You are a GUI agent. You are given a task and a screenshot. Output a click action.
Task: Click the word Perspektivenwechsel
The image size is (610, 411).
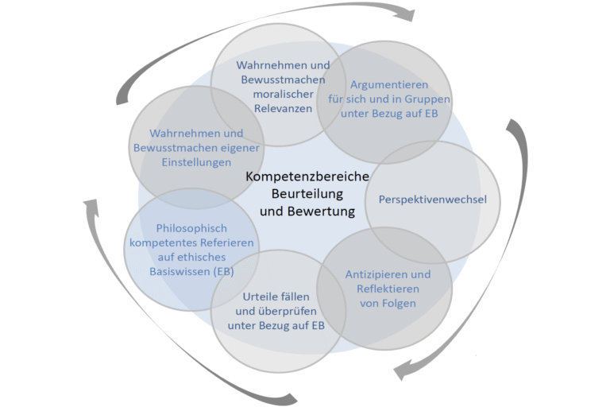[x=432, y=200]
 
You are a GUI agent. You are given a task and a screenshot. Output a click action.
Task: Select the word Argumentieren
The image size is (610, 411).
[x=389, y=84]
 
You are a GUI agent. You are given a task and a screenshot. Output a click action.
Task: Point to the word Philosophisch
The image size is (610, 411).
[x=191, y=227]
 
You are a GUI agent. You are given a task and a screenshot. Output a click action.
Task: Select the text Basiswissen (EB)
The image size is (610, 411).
[x=191, y=271]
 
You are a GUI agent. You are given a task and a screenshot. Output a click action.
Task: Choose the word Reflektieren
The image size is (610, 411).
[x=388, y=289]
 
